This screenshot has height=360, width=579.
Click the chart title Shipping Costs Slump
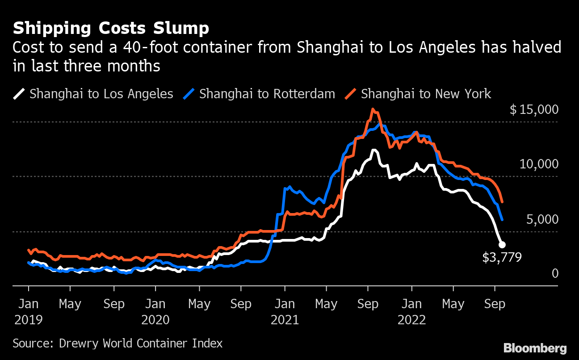[111, 29]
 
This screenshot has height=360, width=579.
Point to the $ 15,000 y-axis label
[534, 110]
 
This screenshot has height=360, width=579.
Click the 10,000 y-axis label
[539, 164]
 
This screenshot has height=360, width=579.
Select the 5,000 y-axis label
[542, 219]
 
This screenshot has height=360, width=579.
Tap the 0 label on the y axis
[555, 273]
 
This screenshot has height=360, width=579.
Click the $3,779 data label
[502, 257]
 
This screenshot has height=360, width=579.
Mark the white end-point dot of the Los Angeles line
[502, 244]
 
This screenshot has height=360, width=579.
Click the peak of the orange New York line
[373, 109]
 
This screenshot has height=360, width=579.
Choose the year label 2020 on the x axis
[155, 320]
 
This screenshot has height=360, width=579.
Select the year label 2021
[285, 320]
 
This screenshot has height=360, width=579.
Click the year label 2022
[411, 320]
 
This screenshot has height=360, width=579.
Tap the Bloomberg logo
[535, 348]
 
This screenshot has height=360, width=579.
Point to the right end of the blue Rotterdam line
[503, 219]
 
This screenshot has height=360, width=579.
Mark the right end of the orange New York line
[503, 202]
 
